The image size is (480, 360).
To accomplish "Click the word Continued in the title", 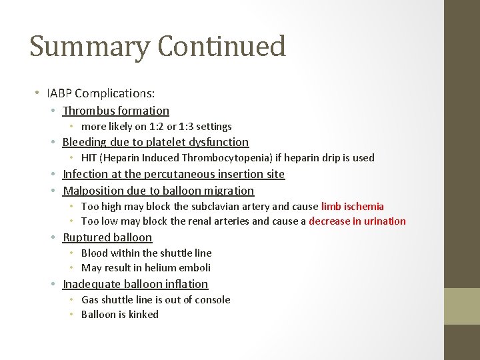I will click(222, 46).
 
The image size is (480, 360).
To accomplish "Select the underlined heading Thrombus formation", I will click(115, 111).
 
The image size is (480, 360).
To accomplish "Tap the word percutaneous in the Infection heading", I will click(175, 174).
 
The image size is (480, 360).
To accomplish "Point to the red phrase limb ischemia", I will click(353, 207).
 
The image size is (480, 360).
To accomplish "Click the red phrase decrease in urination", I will click(357, 221).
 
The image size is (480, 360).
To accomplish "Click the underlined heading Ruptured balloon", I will click(107, 237).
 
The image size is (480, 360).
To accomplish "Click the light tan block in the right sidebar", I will click(462, 306).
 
